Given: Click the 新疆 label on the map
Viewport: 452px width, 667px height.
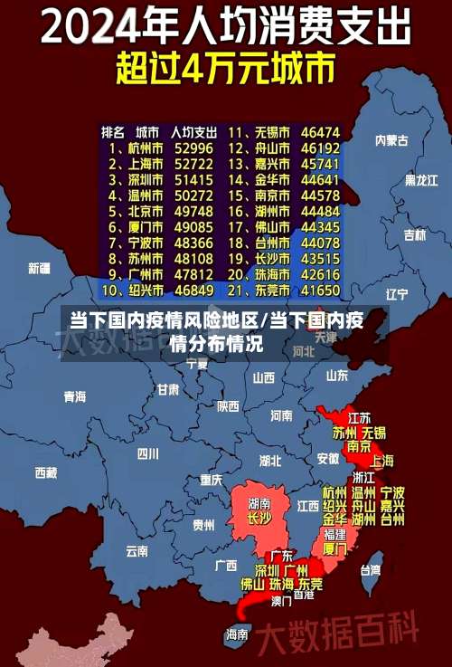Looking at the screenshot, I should [39, 268].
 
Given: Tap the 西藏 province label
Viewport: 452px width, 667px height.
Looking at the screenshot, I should [45, 472].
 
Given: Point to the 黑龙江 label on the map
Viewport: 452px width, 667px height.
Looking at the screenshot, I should [420, 180].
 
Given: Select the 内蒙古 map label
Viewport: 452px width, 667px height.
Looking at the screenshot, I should [391, 140].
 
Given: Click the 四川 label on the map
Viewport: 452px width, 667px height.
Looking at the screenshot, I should [147, 453].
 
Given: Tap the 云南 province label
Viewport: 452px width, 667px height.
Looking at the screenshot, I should [137, 549].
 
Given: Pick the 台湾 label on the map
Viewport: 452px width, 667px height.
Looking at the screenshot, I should [371, 570].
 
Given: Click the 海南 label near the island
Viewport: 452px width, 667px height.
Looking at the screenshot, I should [237, 634].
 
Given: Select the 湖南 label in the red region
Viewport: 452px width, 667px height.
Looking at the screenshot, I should [259, 502].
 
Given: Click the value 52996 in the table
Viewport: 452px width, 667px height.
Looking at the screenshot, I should [194, 148].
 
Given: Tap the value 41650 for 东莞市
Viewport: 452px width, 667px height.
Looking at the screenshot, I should [321, 291].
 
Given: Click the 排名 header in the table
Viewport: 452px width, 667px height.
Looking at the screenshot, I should [113, 131].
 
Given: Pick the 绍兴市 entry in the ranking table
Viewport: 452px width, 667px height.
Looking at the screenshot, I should [145, 291].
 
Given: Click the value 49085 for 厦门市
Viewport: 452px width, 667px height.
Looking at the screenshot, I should [194, 227].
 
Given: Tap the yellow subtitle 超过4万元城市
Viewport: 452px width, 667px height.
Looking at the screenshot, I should [225, 68].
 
